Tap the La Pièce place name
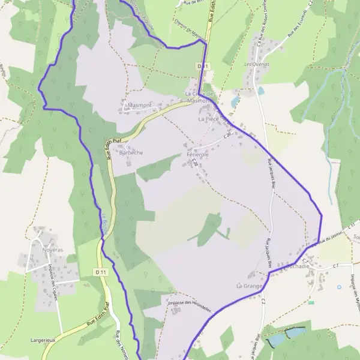pyautogui.click(x=208, y=119)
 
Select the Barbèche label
pyautogui.click(x=131, y=153)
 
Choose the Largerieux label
pyautogui.click(x=43, y=340)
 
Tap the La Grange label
pyautogui.click(x=249, y=286)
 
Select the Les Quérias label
pyautogui.click(x=256, y=64)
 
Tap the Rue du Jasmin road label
pyautogui.click(x=327, y=238)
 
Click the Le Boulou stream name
pyautogui.click(x=103, y=225)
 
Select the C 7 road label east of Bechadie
pyautogui.click(x=335, y=265)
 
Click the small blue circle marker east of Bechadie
pyautogui.click(x=339, y=287)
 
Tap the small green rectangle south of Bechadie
pyautogui.click(x=311, y=302)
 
